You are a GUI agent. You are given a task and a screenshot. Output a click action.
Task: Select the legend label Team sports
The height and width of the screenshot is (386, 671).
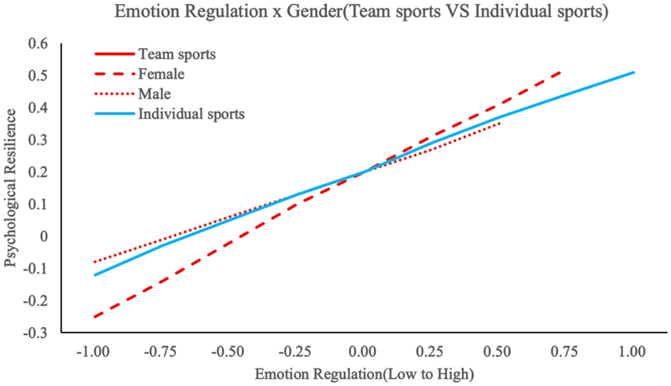177,54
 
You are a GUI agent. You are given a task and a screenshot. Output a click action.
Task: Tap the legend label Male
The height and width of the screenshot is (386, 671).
154,94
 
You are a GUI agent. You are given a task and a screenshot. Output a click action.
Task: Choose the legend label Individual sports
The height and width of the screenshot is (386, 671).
191,114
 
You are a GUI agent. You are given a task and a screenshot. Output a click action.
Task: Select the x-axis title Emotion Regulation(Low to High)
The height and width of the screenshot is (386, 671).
364,374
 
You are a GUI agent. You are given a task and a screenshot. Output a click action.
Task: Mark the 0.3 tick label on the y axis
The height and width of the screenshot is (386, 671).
38,140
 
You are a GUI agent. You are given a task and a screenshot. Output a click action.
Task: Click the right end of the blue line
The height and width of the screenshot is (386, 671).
634,72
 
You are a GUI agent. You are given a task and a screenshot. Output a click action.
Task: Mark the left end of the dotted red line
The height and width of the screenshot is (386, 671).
95,262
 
